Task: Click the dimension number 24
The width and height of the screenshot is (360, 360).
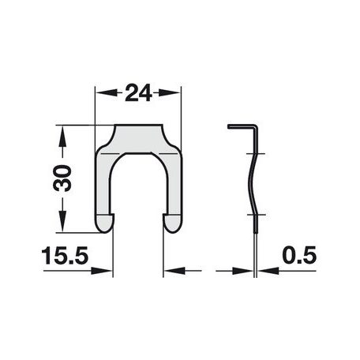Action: point(138,92)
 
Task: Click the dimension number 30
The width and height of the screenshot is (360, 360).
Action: point(62,178)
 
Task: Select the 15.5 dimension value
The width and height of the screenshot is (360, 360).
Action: point(65,256)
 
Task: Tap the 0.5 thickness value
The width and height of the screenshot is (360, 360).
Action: point(299,255)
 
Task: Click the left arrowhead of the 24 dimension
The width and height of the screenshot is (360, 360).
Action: point(106,92)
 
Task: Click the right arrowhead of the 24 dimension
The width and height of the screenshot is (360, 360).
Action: point(170,92)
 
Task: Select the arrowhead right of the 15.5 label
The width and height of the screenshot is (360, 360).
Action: point(102,271)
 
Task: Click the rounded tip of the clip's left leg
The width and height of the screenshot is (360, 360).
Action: point(104,223)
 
